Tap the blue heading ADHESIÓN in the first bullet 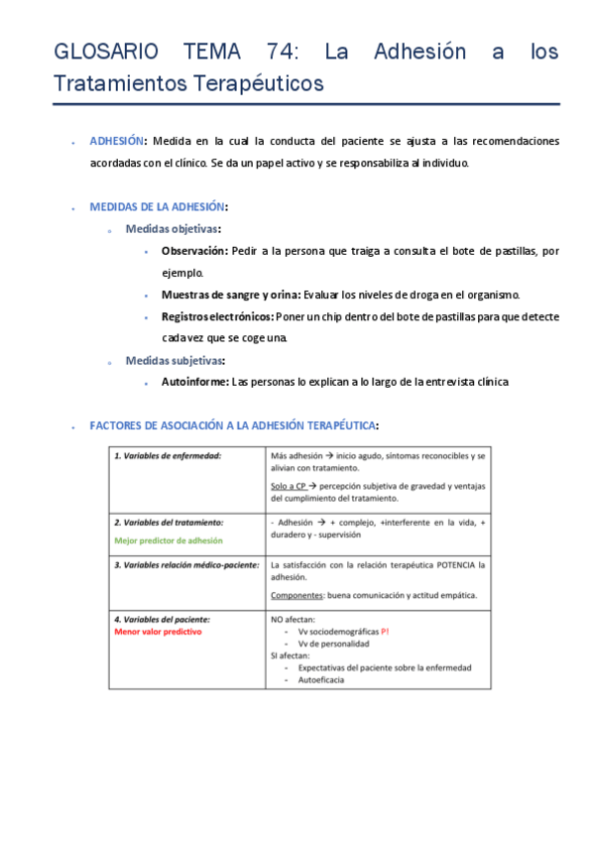click(117, 142)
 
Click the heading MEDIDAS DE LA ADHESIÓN click(157, 207)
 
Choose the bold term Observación click(194, 251)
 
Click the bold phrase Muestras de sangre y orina click(216, 295)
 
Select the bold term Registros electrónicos click(217, 316)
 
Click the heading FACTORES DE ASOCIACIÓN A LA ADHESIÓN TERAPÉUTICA click(232, 425)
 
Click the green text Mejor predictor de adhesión click(168, 541)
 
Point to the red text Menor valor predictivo click(158, 631)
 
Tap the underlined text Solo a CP click(288, 486)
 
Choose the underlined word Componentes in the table click(296, 595)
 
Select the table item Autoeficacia click(323, 679)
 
